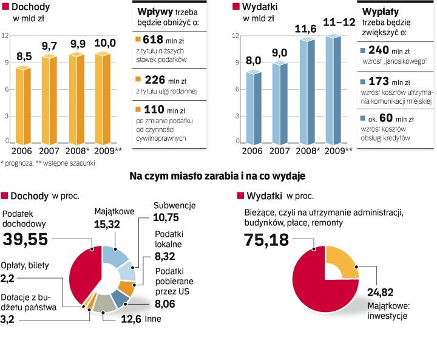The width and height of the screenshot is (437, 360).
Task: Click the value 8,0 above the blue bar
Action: tap(253, 60)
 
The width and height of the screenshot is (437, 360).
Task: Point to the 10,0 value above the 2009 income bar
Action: tap(104, 42)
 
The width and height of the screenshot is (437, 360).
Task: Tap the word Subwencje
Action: tap(174, 206)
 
